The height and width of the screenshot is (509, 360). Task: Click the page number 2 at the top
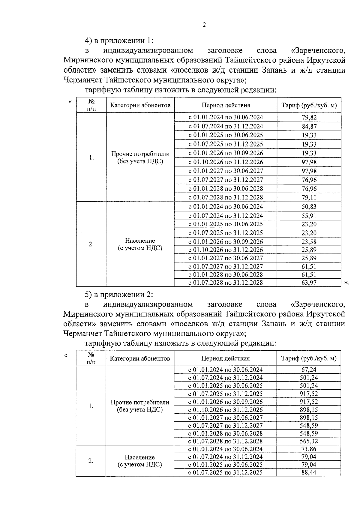204,25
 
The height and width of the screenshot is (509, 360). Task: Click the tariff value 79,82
309,118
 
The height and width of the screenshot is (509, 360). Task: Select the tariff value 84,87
309,127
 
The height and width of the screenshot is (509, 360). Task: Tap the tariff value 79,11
309,198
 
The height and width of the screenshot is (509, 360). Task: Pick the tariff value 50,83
309,207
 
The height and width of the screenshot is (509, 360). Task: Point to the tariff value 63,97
309,283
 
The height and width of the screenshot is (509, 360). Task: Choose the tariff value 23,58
309,242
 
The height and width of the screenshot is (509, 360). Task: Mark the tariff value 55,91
309,216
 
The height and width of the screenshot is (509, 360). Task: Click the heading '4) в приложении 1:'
119,40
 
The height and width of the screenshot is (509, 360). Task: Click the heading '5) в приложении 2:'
119,295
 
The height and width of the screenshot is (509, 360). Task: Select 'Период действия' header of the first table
226,105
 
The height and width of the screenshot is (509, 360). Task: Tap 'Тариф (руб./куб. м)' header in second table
309,358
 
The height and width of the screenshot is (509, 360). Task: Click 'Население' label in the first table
140,241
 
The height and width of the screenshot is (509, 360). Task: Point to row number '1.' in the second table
91,406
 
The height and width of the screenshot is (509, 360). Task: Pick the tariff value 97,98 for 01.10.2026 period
309,162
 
